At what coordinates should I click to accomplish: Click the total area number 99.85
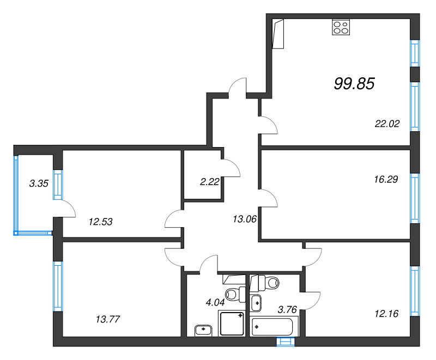click(354, 83)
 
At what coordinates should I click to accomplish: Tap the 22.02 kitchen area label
click(387, 124)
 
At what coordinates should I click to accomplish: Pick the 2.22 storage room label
click(209, 182)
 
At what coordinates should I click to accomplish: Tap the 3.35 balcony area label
click(39, 183)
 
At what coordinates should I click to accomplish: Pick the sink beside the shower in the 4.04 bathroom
click(204, 329)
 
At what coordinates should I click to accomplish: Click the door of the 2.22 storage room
click(231, 168)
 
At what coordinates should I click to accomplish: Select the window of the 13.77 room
click(58, 286)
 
